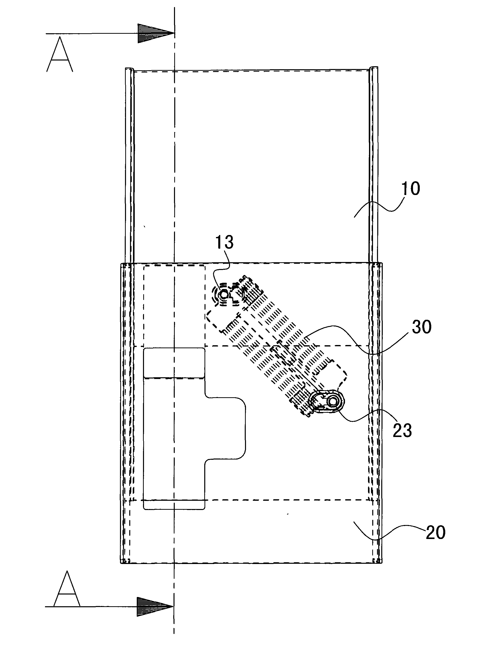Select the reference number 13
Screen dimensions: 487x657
click(224, 242)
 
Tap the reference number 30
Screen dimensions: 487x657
click(421, 327)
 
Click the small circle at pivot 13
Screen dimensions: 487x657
click(224, 294)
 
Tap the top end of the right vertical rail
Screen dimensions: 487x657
click(373, 68)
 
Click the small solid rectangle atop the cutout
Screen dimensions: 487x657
click(174, 363)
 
